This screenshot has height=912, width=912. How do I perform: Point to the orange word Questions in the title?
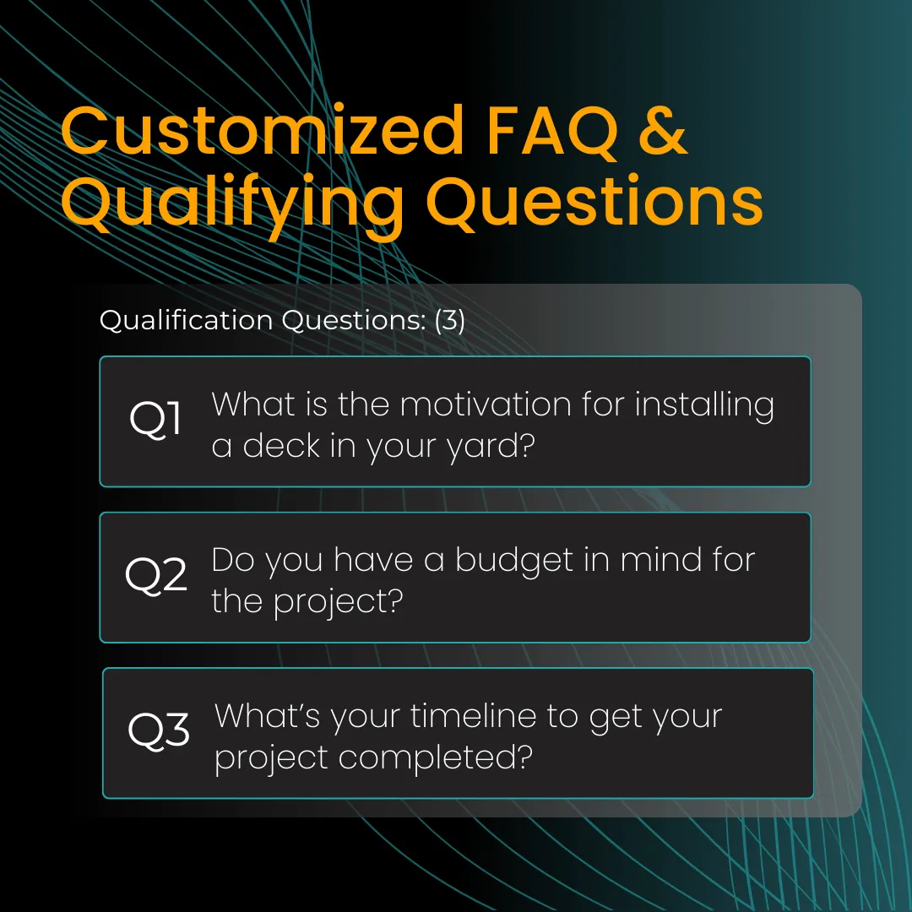click(594, 201)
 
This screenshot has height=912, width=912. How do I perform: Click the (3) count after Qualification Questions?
click(449, 320)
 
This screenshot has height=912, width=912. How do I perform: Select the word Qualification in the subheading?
click(186, 320)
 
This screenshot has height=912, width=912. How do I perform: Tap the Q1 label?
click(155, 419)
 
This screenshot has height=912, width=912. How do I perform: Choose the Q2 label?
click(156, 575)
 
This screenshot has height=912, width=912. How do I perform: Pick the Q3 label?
click(158, 730)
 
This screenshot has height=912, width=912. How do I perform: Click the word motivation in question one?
click(486, 404)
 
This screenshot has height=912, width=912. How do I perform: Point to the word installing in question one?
click(704, 405)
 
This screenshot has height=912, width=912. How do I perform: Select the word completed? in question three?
click(435, 757)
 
